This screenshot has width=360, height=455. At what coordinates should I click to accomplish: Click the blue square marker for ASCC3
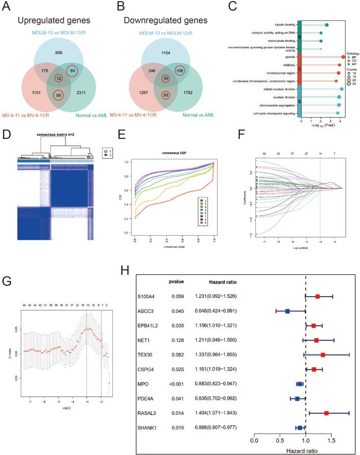coord(287,311)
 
